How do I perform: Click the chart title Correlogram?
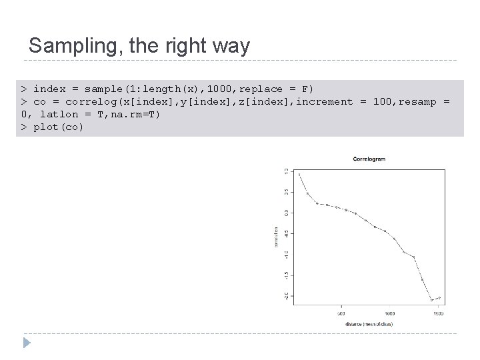369,159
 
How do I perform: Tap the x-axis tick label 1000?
389,313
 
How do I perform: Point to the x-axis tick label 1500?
438,313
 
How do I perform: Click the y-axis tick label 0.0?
285,213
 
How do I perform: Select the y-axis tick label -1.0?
285,254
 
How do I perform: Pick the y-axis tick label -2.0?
285,295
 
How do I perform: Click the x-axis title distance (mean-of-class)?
369,324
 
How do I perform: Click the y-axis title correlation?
276,237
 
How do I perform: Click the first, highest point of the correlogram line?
299,174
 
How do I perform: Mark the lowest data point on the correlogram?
431,300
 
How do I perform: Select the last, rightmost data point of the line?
439,297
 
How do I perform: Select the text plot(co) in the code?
58,127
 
